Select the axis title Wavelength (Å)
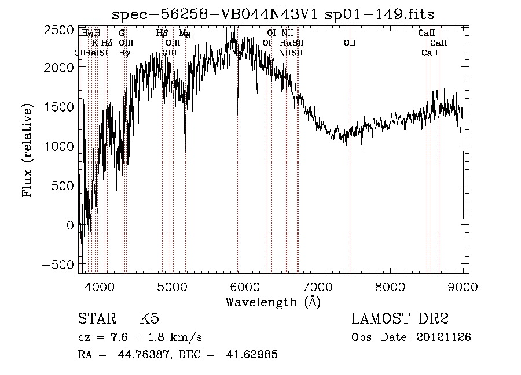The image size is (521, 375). click(273, 302)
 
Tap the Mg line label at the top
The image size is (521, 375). click(185, 34)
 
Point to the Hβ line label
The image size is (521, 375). click(162, 34)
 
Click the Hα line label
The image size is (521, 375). click(285, 43)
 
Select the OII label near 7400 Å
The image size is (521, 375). click(350, 43)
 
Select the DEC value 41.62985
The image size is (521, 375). click(252, 355)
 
